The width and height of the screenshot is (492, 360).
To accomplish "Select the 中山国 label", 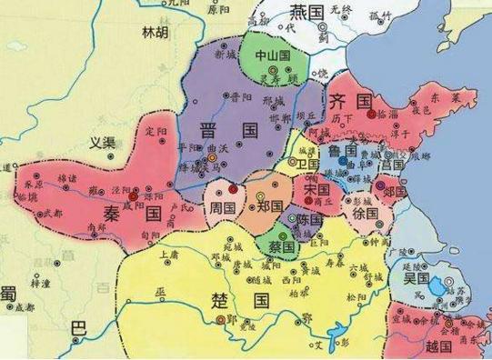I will coord(273,55).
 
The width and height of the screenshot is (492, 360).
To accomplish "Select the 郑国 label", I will coord(270,206).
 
